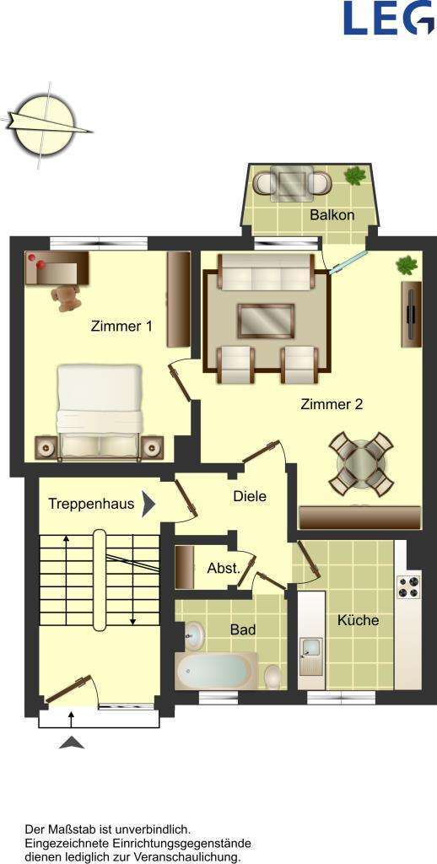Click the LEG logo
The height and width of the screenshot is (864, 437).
[x=387, y=18]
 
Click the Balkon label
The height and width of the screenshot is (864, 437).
[x=332, y=215]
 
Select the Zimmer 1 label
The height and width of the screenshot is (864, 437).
[x=121, y=327]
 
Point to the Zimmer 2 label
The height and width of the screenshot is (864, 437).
[x=332, y=404]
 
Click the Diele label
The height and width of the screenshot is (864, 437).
[x=250, y=496]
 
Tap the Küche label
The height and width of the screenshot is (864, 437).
[x=358, y=620]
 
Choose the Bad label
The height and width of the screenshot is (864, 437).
[x=243, y=629]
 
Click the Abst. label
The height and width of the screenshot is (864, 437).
[x=224, y=569]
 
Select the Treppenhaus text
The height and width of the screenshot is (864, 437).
[x=91, y=505]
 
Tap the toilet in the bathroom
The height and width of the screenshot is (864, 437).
[x=273, y=677]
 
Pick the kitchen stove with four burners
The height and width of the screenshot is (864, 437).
[x=408, y=586]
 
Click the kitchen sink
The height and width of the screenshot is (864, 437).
[x=310, y=651]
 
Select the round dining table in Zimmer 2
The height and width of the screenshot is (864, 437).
[x=361, y=462]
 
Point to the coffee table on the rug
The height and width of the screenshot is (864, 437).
[x=266, y=321]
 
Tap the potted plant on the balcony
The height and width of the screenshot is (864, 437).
[x=355, y=176]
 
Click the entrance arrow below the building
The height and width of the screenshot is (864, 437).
[x=73, y=742]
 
